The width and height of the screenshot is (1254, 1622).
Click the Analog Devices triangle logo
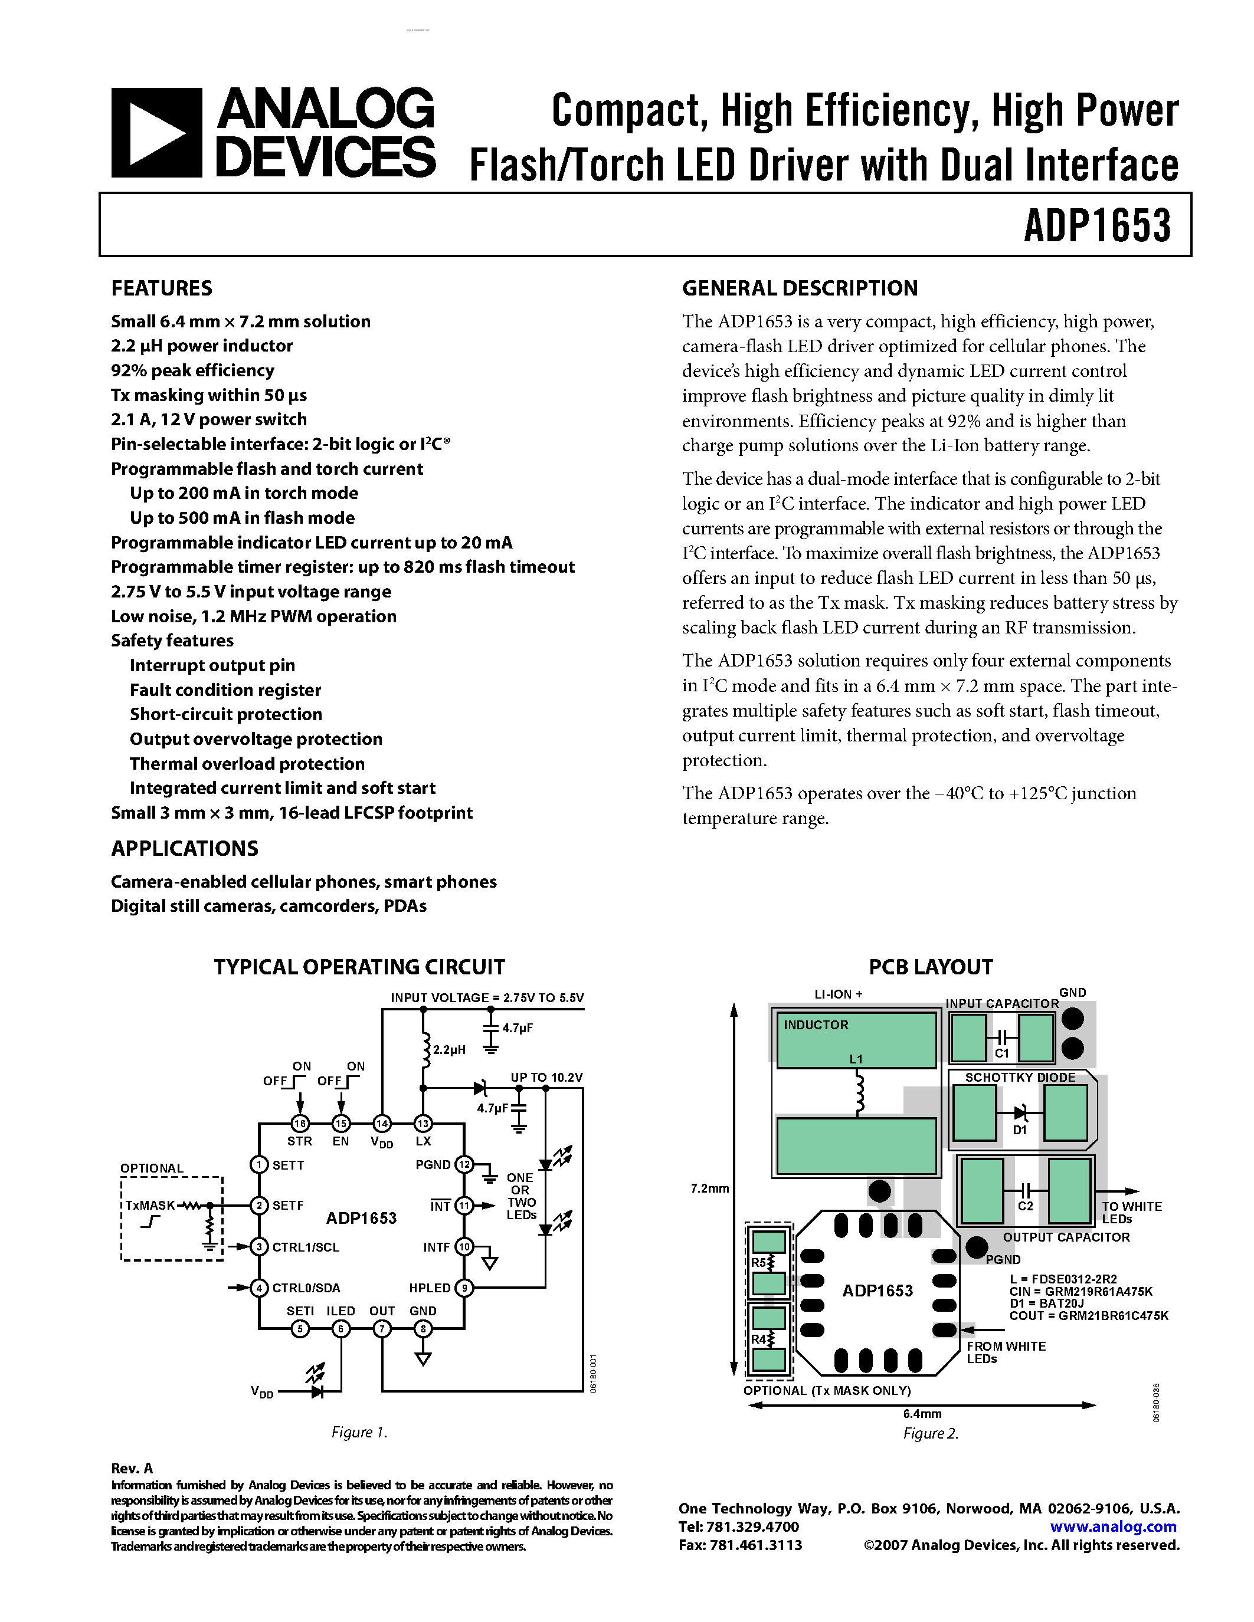[x=156, y=133]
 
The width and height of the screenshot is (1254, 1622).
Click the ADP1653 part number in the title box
[x=1096, y=225]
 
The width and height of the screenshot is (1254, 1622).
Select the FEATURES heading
[x=161, y=288]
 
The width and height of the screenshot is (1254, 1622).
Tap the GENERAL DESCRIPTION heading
[x=800, y=288]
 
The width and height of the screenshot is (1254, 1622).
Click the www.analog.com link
[x=1113, y=1526]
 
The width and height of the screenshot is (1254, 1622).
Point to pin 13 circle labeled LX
[x=423, y=1124]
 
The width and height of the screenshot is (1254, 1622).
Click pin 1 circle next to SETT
[x=258, y=1164]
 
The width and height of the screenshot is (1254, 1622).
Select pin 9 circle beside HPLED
[x=464, y=1288]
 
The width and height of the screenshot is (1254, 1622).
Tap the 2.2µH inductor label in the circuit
[x=448, y=1049]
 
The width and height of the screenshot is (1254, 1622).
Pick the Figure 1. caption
[x=359, y=1432]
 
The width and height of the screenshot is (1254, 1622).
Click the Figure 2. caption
[x=931, y=1433]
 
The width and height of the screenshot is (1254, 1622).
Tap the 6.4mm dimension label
[x=922, y=1413]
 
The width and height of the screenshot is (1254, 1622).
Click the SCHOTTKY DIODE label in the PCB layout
[x=1020, y=1077]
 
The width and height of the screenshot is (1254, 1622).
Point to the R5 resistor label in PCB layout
[x=758, y=1262]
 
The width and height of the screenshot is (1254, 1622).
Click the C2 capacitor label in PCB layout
[x=1025, y=1206]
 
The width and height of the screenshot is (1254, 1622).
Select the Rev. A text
[x=132, y=1467]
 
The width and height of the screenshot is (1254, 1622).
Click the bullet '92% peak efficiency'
[x=192, y=370]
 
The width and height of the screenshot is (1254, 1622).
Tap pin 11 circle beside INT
[x=464, y=1206]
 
